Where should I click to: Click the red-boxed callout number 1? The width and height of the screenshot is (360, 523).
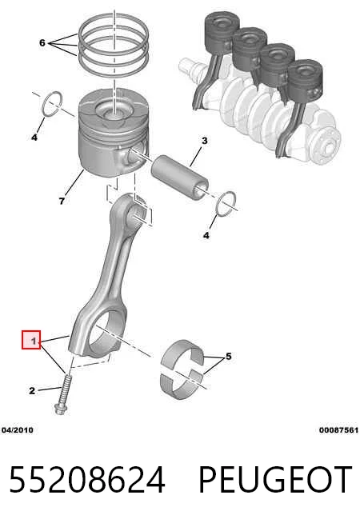tap(33, 341)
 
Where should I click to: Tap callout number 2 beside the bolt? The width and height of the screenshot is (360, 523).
tap(32, 390)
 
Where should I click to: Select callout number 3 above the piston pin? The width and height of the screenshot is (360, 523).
tap(205, 141)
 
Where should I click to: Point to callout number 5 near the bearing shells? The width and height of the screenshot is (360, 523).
tap(229, 356)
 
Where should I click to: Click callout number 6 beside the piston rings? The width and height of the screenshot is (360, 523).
tap(42, 42)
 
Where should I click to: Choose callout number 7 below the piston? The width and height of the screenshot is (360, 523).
tap(62, 202)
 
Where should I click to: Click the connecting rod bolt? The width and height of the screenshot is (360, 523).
tap(63, 394)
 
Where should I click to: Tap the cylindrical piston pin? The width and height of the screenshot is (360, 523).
tap(180, 177)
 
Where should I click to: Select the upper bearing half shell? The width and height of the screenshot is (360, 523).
tap(182, 354)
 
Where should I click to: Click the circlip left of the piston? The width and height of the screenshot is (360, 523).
tap(52, 104)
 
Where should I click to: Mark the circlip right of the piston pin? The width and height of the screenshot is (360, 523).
tap(226, 203)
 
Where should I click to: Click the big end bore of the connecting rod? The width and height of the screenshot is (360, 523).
tap(109, 330)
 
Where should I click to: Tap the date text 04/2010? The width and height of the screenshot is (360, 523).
tap(18, 430)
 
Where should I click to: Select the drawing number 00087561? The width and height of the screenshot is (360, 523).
tap(338, 430)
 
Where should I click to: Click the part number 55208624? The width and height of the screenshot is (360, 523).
tap(87, 480)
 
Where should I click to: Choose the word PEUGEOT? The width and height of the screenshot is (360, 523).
tap(275, 480)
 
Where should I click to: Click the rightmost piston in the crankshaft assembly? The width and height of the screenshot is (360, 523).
tap(305, 81)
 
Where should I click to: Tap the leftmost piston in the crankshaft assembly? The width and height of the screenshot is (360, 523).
tap(222, 33)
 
